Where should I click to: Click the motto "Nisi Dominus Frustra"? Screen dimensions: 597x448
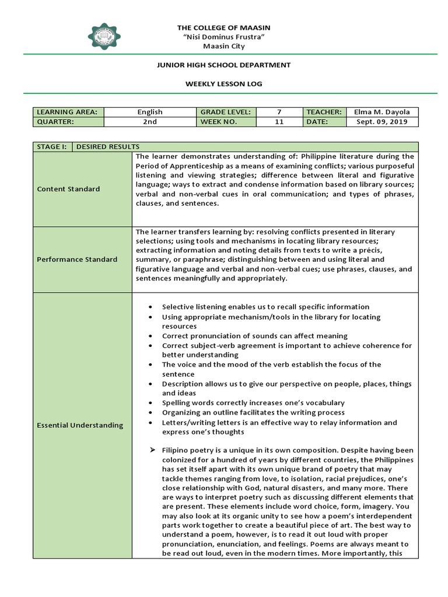[x=224, y=37]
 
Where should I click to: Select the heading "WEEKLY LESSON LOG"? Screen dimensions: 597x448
[x=224, y=84]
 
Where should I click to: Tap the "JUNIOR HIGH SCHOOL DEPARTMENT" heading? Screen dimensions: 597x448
[x=224, y=65]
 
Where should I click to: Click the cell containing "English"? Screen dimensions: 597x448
[x=150, y=112]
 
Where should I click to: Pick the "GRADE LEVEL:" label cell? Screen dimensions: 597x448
[x=226, y=112]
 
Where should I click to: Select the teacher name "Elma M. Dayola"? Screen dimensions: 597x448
[x=381, y=112]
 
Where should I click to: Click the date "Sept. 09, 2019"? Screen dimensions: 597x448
[x=381, y=122]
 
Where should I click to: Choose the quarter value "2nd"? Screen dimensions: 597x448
[x=150, y=122]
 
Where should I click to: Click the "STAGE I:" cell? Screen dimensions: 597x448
[x=52, y=147]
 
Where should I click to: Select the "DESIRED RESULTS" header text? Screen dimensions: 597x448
[x=108, y=147]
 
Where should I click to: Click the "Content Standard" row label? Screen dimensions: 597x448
[x=68, y=189]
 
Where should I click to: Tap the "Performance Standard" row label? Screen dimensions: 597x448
[x=77, y=259]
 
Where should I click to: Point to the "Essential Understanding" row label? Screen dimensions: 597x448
[x=80, y=425]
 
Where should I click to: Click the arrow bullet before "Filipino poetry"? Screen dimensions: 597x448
[x=151, y=450]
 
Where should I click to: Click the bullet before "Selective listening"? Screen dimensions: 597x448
[x=151, y=307]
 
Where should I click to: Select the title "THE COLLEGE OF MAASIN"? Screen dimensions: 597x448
[x=224, y=28]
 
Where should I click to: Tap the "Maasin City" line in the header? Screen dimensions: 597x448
[x=224, y=46]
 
